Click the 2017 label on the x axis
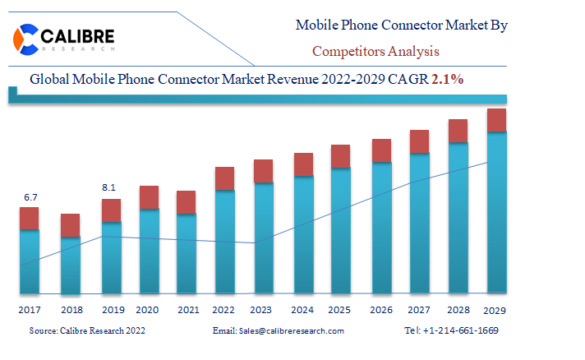coord(30,310)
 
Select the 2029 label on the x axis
coord(495,311)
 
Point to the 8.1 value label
coord(109,188)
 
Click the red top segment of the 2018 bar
coord(71,225)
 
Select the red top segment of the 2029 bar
coord(496,120)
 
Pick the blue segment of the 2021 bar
coord(187,253)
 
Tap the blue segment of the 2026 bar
coord(381,227)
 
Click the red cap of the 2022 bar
coord(225,178)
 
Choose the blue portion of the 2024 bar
coord(303,234)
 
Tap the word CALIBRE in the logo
coord(78,36)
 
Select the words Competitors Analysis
coord(375,51)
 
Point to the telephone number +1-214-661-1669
coord(463,330)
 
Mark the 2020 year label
coord(147,310)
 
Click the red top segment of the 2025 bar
coord(341,156)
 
